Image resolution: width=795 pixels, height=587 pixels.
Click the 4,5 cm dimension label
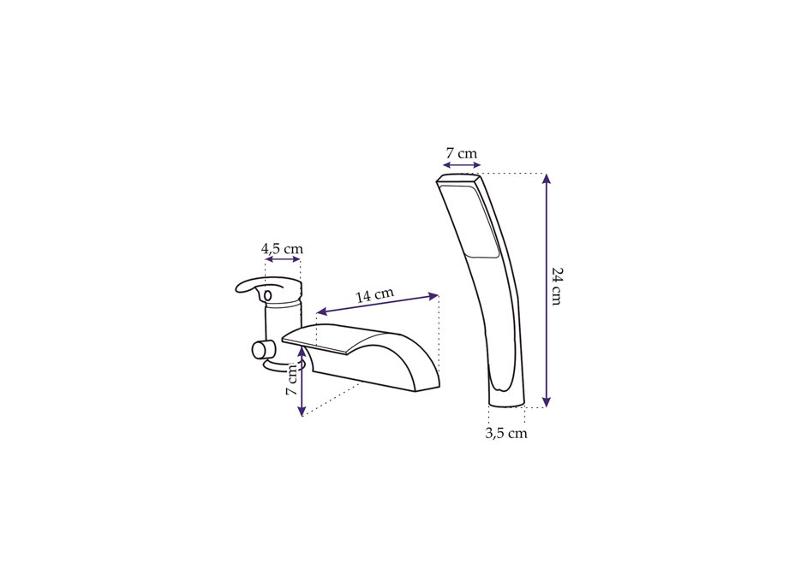point(282,249)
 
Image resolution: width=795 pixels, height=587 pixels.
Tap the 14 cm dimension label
point(374,295)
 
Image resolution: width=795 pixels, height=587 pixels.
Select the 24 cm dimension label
point(557,286)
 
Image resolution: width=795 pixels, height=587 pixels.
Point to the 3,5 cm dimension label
point(506,433)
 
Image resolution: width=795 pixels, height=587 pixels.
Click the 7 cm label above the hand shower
point(462,153)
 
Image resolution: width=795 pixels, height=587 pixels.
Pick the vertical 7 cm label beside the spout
point(291,379)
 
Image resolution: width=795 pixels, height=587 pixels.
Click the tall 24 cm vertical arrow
point(546,290)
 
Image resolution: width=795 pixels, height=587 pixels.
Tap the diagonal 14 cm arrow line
point(377,305)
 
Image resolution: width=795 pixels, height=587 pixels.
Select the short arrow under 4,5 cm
point(283,259)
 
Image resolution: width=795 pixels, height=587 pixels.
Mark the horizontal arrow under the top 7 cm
point(462,165)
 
